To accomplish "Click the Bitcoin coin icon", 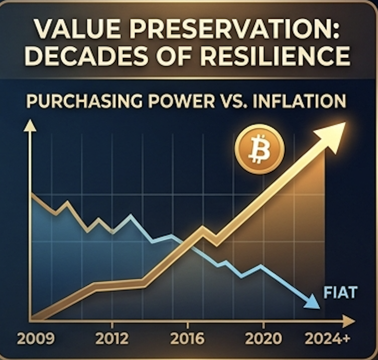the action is click(259, 149).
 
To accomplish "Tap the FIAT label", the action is click(340, 292).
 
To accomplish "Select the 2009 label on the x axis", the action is click(36, 338).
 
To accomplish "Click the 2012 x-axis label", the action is click(112, 338).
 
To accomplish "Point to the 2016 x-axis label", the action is click(188, 338).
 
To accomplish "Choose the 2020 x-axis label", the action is click(263, 338).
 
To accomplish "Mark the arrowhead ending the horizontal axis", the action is click(348, 321).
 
